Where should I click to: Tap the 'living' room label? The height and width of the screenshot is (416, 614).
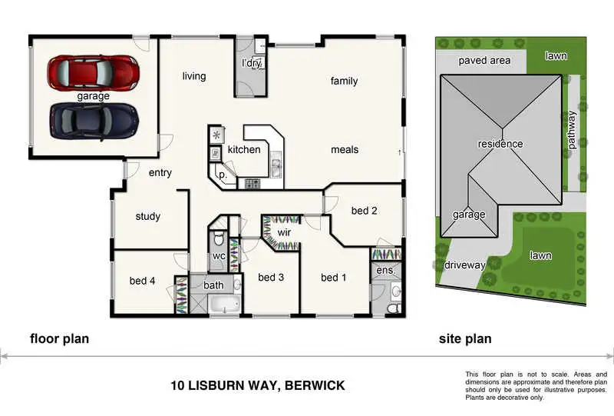click(x=194, y=76)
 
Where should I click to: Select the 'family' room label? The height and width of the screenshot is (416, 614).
click(x=344, y=81)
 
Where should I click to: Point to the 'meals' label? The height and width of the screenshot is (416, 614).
click(x=345, y=149)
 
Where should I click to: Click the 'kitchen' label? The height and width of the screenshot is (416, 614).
click(x=244, y=149)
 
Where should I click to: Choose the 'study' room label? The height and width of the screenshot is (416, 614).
click(x=147, y=216)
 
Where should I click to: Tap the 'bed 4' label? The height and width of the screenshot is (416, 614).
click(x=143, y=281)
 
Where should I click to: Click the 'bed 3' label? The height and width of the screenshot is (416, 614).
click(x=271, y=277)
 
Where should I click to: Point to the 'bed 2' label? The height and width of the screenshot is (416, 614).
click(x=365, y=211)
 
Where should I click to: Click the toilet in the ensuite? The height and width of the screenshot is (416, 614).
click(x=392, y=307)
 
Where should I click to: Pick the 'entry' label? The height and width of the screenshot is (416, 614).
click(x=160, y=173)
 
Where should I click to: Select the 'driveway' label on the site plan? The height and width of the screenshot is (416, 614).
click(x=464, y=265)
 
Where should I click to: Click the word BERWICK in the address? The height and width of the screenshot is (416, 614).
click(x=315, y=385)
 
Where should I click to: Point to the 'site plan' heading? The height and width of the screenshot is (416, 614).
click(x=465, y=338)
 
